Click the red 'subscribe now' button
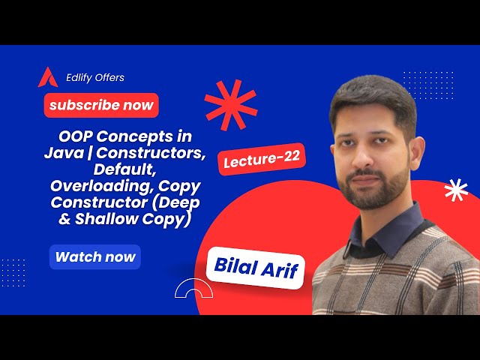[100, 105]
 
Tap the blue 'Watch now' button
[95, 257]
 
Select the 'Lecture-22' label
[262, 160]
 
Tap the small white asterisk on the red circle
[455, 191]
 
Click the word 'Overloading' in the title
[93, 185]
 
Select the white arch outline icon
[190, 289]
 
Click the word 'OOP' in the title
[75, 138]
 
